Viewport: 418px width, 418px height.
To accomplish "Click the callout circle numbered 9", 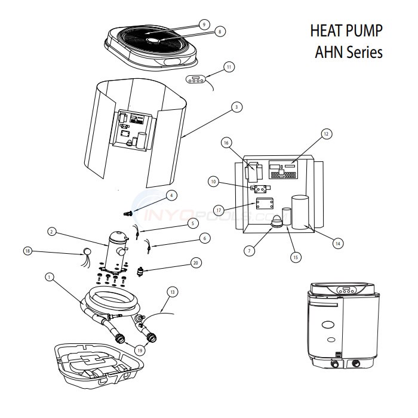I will click(x=204, y=24).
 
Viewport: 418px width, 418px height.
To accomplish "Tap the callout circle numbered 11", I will click(x=228, y=67).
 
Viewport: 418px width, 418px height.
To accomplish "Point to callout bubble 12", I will click(x=326, y=134).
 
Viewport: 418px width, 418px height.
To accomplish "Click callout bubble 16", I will click(x=226, y=143).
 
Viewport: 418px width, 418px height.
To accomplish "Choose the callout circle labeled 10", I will click(x=214, y=180).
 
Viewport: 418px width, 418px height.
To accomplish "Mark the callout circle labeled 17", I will click(x=219, y=210).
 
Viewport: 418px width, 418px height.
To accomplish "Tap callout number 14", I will click(x=338, y=243).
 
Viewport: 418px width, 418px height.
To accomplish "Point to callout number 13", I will click(x=173, y=292).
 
